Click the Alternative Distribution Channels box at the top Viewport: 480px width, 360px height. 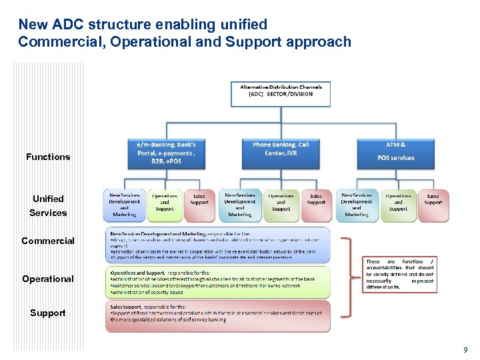pos(281,94)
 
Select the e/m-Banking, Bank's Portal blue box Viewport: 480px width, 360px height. pos(166,153)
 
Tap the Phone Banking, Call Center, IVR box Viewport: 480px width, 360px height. pos(281,153)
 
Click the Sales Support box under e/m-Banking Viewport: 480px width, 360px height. pos(199,203)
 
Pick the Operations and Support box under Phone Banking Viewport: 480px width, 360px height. pos(281,204)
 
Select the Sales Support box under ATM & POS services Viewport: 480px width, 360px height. pos(433,203)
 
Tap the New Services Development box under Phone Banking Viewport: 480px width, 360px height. pos(240,204)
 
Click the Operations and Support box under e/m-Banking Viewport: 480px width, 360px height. pos(164,204)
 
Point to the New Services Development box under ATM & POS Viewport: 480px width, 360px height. pos(357,204)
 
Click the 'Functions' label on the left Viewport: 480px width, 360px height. pos(48,157)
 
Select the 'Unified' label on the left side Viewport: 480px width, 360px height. pos(48,199)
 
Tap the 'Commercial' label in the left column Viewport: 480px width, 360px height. pos(48,241)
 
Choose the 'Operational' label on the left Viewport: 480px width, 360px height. pos(48,279)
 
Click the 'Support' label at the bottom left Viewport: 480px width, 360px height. pos(48,313)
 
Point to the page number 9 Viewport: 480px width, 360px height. pos(465,350)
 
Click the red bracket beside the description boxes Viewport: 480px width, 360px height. pos(348,277)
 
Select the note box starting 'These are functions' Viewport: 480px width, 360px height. pos(400,274)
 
